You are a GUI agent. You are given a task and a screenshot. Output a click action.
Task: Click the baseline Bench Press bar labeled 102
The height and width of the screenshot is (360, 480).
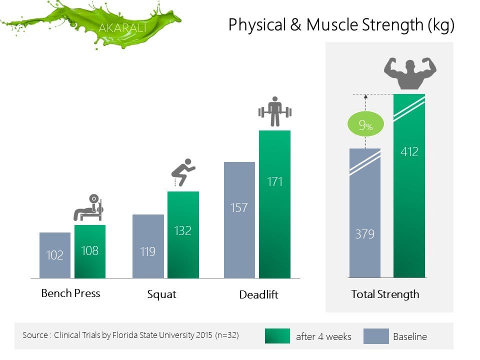[x=55, y=255]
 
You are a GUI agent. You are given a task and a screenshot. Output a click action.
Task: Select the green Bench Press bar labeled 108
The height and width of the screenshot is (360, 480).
[x=90, y=251]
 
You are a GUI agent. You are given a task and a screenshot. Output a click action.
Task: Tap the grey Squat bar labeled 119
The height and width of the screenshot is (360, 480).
[x=148, y=246]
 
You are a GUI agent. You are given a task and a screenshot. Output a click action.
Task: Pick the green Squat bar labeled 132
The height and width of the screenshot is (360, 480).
[x=183, y=235]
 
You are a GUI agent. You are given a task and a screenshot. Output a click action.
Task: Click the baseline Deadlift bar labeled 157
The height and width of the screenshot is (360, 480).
[x=239, y=220]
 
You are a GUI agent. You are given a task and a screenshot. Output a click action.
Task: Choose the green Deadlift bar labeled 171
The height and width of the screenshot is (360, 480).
[x=274, y=204]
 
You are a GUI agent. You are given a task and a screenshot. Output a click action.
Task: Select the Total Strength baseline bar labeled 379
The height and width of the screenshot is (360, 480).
[x=365, y=213]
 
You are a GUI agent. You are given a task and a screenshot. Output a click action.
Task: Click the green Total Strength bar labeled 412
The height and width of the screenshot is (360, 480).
[x=409, y=186]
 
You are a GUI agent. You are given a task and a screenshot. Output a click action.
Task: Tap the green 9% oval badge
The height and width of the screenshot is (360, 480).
[x=365, y=124]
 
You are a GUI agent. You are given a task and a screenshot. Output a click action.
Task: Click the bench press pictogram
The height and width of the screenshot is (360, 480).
[x=88, y=207]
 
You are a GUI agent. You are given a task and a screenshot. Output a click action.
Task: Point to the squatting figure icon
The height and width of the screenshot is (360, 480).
[x=183, y=172]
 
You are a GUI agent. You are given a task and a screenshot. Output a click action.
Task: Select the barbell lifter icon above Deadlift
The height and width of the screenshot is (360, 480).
[x=275, y=111]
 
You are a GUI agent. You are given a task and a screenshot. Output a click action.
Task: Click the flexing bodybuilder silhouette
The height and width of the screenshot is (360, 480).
[x=410, y=73]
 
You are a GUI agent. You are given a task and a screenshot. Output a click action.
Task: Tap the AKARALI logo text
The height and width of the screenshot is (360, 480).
[x=122, y=28]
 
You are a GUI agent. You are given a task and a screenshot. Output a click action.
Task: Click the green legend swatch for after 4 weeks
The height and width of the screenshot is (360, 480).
[x=277, y=336]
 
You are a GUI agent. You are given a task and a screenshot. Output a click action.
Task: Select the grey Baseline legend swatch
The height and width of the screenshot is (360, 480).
[x=376, y=336]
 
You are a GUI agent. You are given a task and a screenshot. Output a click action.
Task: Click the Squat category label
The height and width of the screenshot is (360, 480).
[x=161, y=294]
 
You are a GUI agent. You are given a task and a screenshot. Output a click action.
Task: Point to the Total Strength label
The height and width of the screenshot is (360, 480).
[x=385, y=294]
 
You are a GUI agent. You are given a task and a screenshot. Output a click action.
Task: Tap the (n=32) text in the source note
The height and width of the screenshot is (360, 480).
[x=227, y=335]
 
